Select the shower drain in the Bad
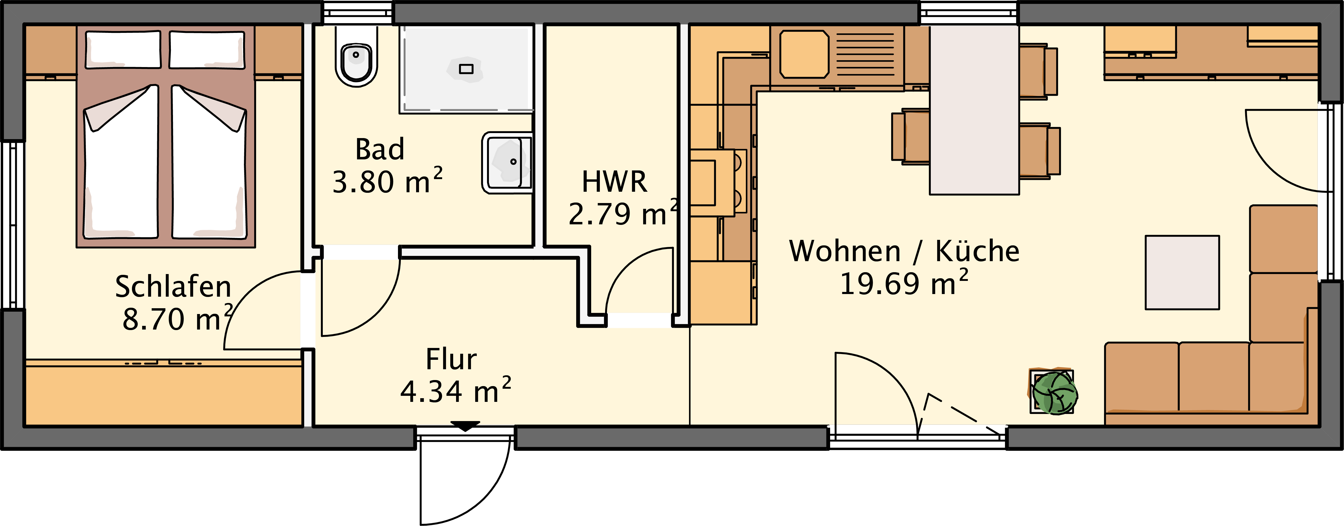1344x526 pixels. tap(466, 69)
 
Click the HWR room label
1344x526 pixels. tap(614, 181)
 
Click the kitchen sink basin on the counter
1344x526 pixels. tap(804, 54)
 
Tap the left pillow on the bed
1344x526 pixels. tap(123, 49)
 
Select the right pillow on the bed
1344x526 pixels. tap(207, 49)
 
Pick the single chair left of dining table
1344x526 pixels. tap(911, 137)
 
